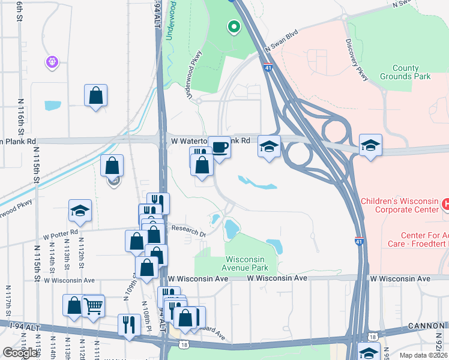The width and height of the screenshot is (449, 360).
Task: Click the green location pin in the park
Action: click(x=233, y=27)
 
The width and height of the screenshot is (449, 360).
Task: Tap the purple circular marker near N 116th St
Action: click(x=52, y=61)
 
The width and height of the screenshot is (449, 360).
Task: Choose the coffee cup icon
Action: click(x=220, y=147)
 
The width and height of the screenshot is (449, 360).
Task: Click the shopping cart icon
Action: click(x=92, y=306)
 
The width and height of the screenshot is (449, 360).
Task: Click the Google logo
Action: click(x=20, y=353)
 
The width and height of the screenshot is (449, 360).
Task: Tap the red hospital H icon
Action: click(x=445, y=205)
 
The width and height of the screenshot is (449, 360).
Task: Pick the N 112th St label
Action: click(x=80, y=259)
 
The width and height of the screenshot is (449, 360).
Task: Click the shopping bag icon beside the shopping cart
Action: click(x=74, y=305)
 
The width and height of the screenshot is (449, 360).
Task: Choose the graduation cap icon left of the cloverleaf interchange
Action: click(x=269, y=146)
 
